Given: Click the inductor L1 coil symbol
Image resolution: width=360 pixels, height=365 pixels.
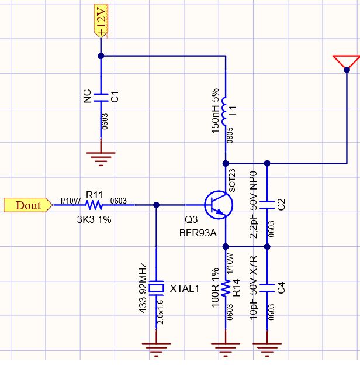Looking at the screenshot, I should point(225,109).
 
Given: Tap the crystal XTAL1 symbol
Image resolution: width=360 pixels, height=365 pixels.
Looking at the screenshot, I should point(157,288).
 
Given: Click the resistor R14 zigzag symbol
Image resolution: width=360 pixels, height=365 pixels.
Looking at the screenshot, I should point(226,288).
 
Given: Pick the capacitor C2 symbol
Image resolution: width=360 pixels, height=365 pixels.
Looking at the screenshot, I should point(268,205).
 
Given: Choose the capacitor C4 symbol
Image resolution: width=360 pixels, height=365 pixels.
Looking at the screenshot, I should point(268,288).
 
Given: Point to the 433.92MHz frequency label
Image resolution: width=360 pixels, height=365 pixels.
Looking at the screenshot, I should point(143,288).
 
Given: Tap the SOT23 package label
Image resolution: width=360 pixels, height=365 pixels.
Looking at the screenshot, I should point(232,180).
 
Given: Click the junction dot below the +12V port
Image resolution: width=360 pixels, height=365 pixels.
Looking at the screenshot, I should point(101,56).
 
